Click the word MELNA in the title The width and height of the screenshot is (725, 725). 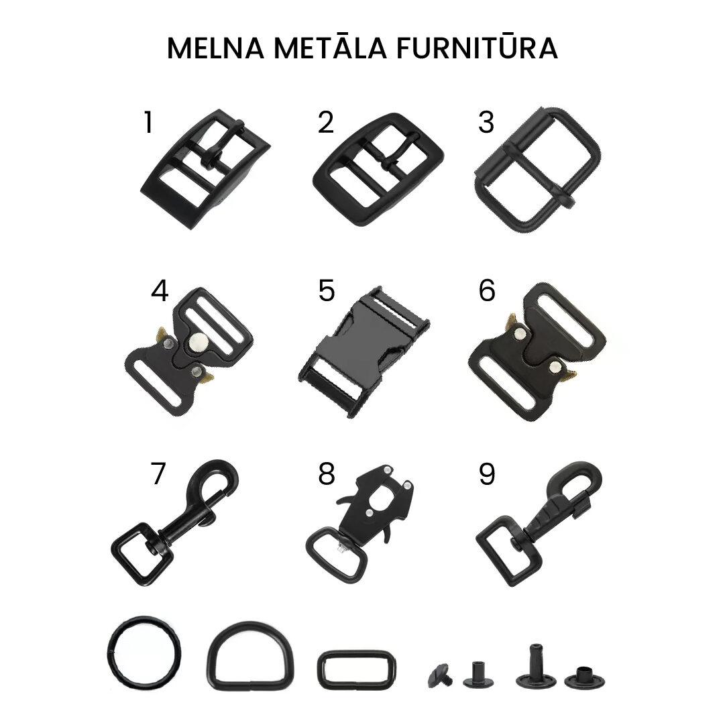pos(215,48)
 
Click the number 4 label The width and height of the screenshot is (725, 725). pos(160,291)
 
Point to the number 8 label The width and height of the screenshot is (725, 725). pos(327,473)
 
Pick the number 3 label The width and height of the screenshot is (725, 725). pos(486,122)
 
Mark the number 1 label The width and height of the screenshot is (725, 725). pos(148,122)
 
